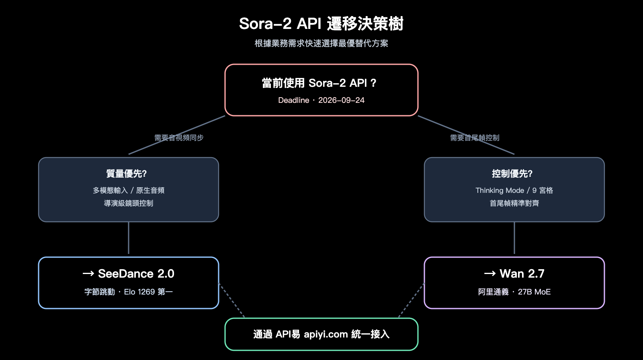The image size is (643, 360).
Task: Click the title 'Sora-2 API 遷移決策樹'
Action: tap(321, 24)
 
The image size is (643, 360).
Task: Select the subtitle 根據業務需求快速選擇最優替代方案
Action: tap(321, 43)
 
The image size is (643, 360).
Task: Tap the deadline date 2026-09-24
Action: tap(341, 100)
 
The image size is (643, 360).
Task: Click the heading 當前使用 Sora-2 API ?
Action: tap(319, 83)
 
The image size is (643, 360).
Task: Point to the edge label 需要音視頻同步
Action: tap(179, 138)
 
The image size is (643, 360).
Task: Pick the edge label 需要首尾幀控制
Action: tap(475, 138)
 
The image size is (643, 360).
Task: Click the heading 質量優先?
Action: tap(127, 174)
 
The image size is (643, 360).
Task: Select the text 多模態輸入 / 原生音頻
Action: tap(129, 190)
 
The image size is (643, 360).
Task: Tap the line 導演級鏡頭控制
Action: tap(129, 203)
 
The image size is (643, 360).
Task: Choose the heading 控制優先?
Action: tap(512, 174)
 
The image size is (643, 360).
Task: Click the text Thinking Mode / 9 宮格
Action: tap(514, 190)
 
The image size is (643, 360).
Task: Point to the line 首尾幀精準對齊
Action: tap(514, 203)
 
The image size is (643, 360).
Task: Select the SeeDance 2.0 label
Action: tap(136, 274)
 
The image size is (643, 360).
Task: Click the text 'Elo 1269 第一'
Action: tap(148, 292)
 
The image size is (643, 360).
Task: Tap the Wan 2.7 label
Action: tap(522, 274)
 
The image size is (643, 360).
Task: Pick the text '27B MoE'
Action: tap(534, 292)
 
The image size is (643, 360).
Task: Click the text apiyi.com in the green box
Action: tap(326, 334)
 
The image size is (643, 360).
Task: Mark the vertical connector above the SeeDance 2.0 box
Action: tap(129, 238)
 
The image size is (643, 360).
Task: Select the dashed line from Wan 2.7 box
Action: tap(412, 300)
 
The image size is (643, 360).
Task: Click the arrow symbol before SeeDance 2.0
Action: tap(88, 274)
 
